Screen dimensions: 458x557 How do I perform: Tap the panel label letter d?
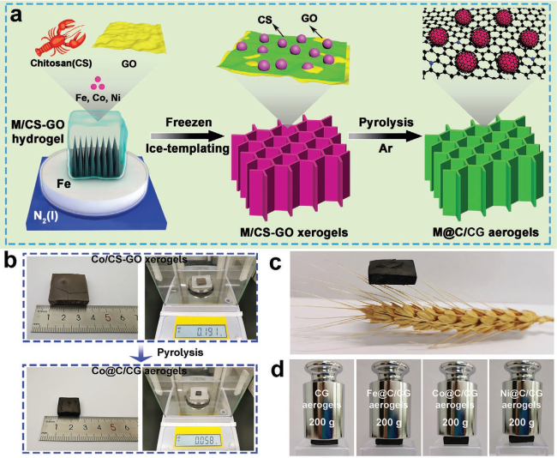(x=300, y=370)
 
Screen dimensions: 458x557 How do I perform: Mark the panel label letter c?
(x=300, y=264)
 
